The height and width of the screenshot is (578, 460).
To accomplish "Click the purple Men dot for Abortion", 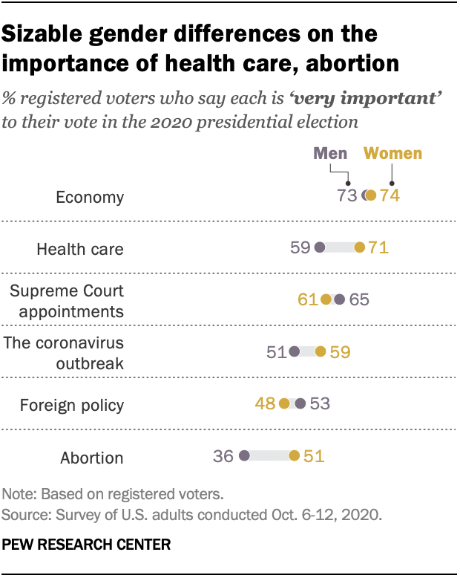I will [x=244, y=456].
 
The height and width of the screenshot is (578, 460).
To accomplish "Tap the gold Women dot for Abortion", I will [x=295, y=456].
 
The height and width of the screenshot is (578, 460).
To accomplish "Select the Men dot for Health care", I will [x=320, y=248].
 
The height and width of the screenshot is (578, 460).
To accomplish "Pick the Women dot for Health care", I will [x=360, y=248].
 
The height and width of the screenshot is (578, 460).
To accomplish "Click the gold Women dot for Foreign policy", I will [x=284, y=404].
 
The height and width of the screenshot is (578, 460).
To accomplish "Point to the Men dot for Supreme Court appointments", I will [x=339, y=300].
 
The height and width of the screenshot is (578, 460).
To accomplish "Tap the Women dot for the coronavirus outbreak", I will [x=320, y=352].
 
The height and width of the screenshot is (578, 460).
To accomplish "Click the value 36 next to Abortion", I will [x=223, y=456].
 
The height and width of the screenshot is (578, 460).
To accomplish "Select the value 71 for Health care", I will [x=378, y=248].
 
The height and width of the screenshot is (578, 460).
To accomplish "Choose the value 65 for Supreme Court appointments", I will [x=359, y=300].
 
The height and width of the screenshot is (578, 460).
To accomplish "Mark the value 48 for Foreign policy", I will [x=265, y=404].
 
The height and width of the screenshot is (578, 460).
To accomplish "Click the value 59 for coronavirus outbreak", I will [x=340, y=352].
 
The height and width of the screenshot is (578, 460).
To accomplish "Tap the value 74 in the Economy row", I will [x=390, y=196].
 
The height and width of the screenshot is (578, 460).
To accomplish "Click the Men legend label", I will [x=330, y=154].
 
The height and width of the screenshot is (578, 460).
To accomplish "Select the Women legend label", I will [x=392, y=154].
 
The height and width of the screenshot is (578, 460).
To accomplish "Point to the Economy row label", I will [x=90, y=197].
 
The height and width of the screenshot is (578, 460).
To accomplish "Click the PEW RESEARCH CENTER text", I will [x=87, y=545].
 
